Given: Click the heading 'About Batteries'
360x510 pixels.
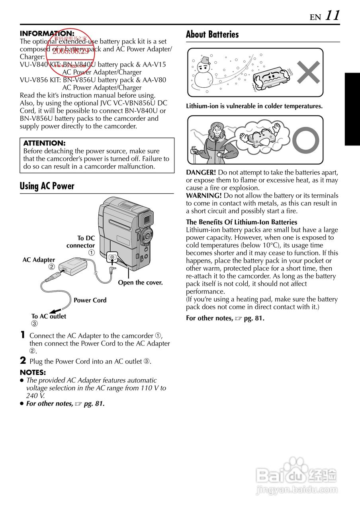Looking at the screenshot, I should pos(212,35).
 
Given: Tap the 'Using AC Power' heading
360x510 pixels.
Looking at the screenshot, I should pos(47,186).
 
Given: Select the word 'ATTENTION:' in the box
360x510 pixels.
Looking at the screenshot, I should pos(44,143).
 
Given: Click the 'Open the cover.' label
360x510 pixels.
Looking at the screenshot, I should pos(140,282).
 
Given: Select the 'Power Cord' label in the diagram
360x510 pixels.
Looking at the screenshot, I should pos(90,300).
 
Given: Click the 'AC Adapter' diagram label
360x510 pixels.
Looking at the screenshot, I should pos(39,260).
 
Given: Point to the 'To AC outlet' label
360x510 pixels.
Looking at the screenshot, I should pos(49,316).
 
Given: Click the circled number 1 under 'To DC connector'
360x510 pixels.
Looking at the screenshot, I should pos(92,253).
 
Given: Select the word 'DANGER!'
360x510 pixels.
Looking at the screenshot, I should pos(201,173).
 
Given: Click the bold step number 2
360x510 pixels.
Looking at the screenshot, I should pos(23,361).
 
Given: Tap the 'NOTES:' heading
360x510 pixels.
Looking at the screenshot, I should pos(33,373).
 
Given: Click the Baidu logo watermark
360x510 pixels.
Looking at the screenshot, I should pos(297,475).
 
